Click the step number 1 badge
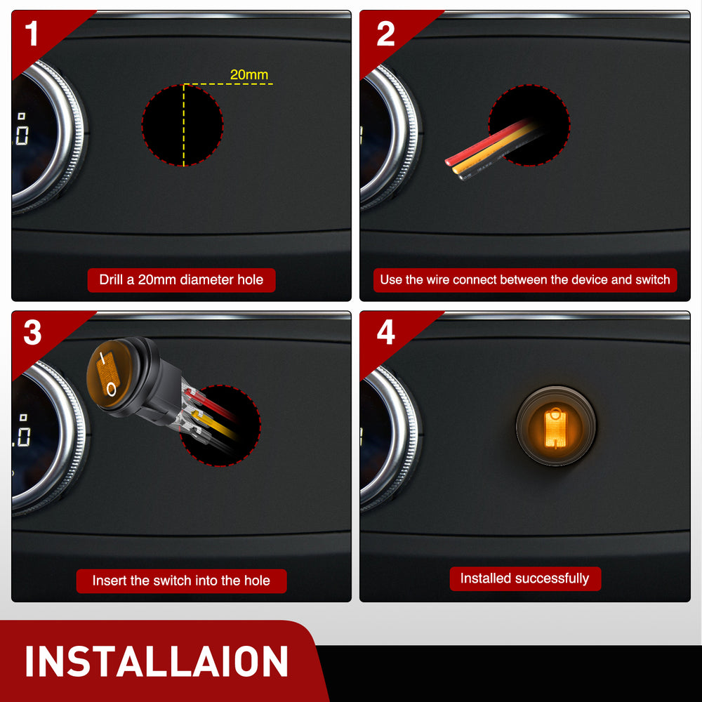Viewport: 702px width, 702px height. coord(32,34)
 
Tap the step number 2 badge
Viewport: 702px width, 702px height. coord(385,34)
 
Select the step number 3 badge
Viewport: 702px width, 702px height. coord(32,332)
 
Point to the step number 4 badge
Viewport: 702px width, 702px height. coord(385,332)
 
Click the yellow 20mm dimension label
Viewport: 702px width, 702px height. coord(249,74)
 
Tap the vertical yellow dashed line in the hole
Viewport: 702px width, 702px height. coord(183,125)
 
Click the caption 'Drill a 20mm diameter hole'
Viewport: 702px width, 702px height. coord(181,280)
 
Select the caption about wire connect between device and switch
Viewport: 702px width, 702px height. coord(525,280)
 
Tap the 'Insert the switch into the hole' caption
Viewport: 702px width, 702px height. coord(181,581)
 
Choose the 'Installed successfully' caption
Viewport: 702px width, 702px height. coord(525,578)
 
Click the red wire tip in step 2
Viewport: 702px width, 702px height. coord(449,161)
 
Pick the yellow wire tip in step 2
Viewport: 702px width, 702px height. coord(456,170)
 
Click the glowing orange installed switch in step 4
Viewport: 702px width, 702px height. coord(555,426)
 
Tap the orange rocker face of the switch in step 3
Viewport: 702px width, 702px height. coord(110,374)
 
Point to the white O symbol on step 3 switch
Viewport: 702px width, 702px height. coord(111,390)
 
